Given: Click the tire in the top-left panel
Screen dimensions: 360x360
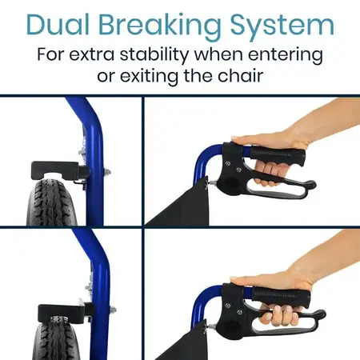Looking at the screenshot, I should click(52, 200).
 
